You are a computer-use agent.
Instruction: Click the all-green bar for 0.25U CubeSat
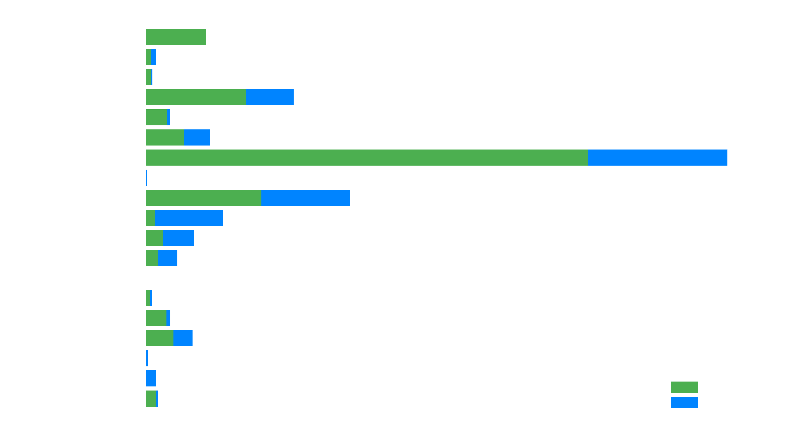176,37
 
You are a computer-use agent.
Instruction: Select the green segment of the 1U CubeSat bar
196,97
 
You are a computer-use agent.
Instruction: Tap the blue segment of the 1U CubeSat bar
270,97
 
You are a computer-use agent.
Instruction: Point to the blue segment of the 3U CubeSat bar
657,157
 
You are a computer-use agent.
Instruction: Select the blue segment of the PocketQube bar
183,338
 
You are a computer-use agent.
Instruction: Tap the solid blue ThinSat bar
151,378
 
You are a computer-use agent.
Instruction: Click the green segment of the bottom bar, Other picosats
151,398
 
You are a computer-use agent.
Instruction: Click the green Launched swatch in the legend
684,387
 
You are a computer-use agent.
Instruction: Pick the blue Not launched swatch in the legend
684,402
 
